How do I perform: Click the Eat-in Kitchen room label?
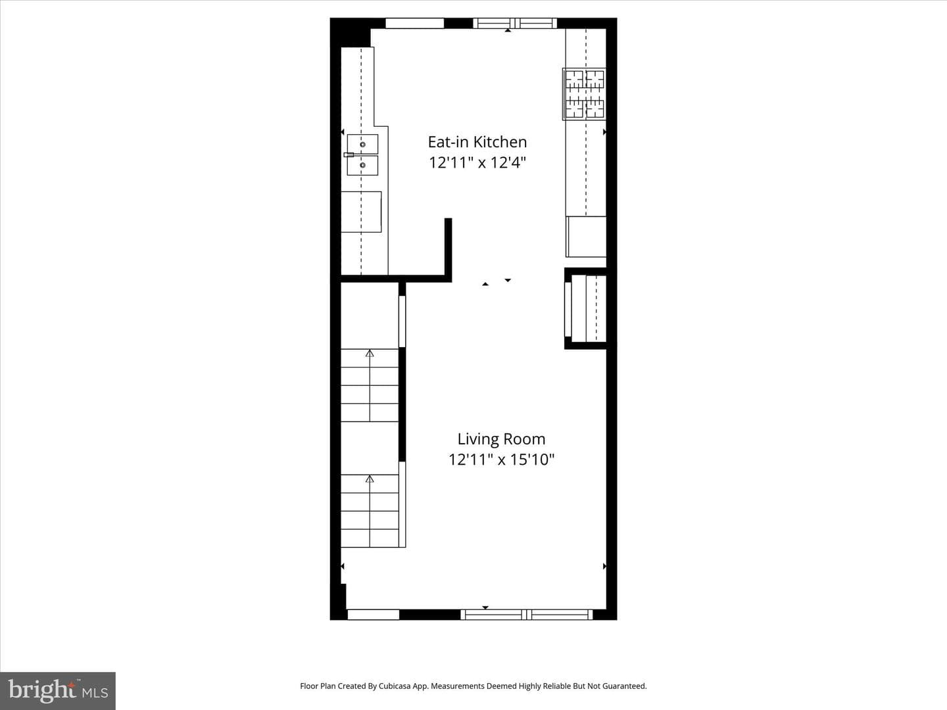tap(477, 142)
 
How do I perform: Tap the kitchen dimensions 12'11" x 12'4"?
tap(477, 162)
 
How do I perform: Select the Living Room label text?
tap(501, 439)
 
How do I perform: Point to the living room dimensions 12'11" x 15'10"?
tap(501, 460)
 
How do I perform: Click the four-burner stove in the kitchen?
tap(584, 94)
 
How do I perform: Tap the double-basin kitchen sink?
tap(362, 154)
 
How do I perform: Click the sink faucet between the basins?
tap(349, 154)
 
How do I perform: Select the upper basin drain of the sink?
tap(363, 145)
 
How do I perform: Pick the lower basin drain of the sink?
tap(363, 165)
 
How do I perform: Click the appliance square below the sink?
tap(361, 212)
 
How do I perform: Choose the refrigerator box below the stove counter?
tap(586, 237)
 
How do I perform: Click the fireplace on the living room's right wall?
tap(586, 308)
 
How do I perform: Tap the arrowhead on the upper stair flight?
tap(370, 354)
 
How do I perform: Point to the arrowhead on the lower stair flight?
tap(370, 479)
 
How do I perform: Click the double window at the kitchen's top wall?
tap(515, 23)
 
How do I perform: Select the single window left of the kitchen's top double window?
tap(414, 23)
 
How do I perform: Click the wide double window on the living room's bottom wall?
tap(527, 615)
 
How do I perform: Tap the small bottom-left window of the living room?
tap(374, 615)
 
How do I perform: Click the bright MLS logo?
tap(58, 690)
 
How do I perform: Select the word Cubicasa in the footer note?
tap(395, 686)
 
